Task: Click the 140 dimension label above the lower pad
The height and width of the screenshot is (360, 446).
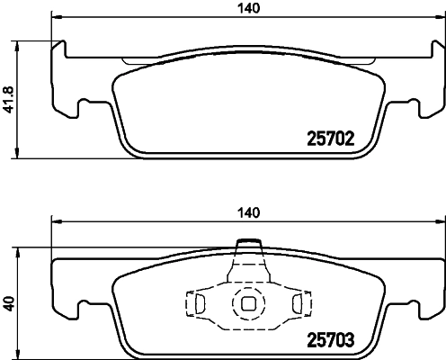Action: [248, 212]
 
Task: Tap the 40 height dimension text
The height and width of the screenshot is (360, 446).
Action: [10, 304]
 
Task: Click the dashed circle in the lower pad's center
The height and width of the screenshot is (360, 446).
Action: [245, 304]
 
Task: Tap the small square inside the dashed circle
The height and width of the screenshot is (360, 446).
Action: [245, 304]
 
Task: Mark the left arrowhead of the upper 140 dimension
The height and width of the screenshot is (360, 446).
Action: [56, 17]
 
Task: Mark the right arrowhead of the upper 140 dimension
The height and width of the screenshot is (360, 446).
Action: [439, 17]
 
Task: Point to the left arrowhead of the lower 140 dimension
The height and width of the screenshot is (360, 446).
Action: [56, 220]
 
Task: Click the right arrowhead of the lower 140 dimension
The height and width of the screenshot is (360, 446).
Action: [439, 220]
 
